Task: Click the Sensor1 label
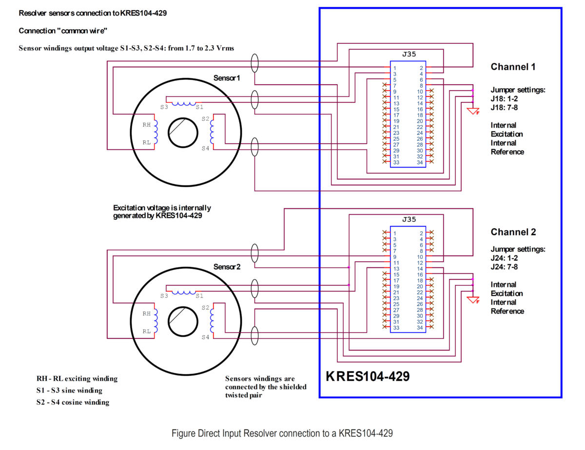click(x=226, y=78)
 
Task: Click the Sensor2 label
click(x=227, y=267)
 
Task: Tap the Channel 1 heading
click(x=513, y=67)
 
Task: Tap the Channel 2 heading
click(x=513, y=232)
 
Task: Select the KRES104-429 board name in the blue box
click(x=368, y=376)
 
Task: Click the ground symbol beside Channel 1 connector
click(x=473, y=111)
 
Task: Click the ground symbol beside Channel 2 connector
click(x=473, y=300)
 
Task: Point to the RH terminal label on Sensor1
click(x=146, y=125)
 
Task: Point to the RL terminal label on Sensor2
click(x=146, y=331)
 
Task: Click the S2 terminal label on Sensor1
click(x=205, y=118)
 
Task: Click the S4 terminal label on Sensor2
click(x=205, y=337)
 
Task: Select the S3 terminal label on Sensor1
click(x=164, y=107)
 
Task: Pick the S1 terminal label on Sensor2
click(x=199, y=296)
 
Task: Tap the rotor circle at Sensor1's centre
click(x=183, y=118)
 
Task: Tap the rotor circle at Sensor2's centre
click(x=183, y=307)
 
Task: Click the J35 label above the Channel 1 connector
click(x=409, y=54)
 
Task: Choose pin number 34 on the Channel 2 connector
click(x=420, y=328)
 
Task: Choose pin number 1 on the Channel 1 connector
click(x=395, y=68)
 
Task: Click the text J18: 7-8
click(x=504, y=108)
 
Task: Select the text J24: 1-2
click(x=504, y=258)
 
